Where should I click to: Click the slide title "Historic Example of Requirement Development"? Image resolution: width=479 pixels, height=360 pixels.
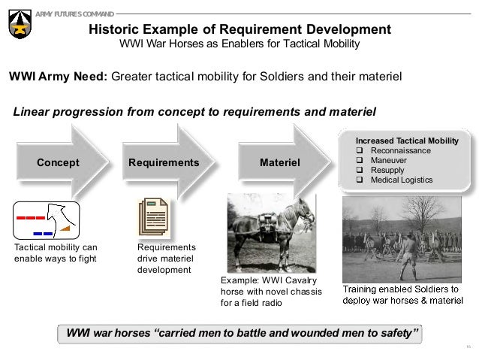pyautogui.click(x=239, y=29)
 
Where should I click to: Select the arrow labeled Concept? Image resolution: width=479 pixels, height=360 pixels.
pyautogui.click(x=59, y=162)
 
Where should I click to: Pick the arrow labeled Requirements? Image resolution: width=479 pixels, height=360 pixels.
pyautogui.click(x=164, y=162)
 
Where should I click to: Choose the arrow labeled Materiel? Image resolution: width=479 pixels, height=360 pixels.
pyautogui.click(x=279, y=162)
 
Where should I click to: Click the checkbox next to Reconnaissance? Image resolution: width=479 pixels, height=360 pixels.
pyautogui.click(x=360, y=151)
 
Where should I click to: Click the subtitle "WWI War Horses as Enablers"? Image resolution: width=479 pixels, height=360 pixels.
pyautogui.click(x=239, y=44)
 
